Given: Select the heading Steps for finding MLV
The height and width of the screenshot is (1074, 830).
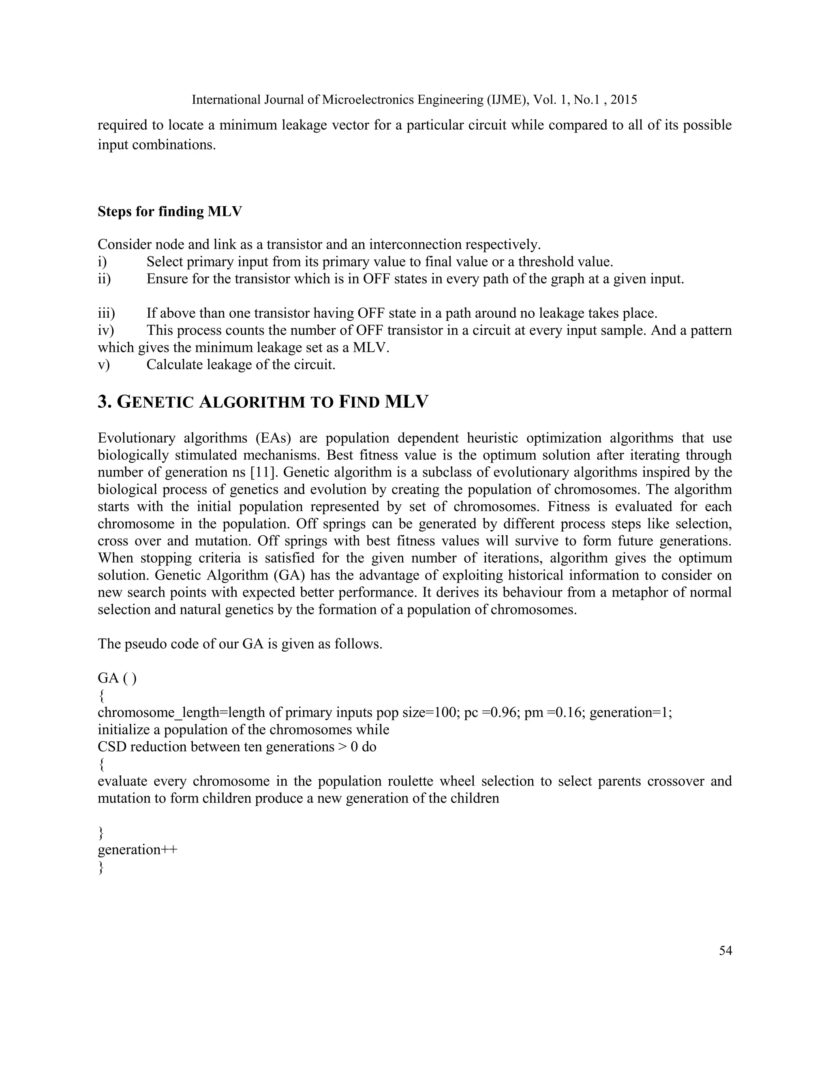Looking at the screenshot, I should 170,212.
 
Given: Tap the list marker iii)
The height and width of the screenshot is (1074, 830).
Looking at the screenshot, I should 106,313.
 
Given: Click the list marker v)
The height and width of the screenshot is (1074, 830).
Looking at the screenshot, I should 104,365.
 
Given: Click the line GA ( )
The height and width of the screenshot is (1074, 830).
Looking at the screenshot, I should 117,678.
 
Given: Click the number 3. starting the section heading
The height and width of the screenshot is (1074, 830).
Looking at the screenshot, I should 105,402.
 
